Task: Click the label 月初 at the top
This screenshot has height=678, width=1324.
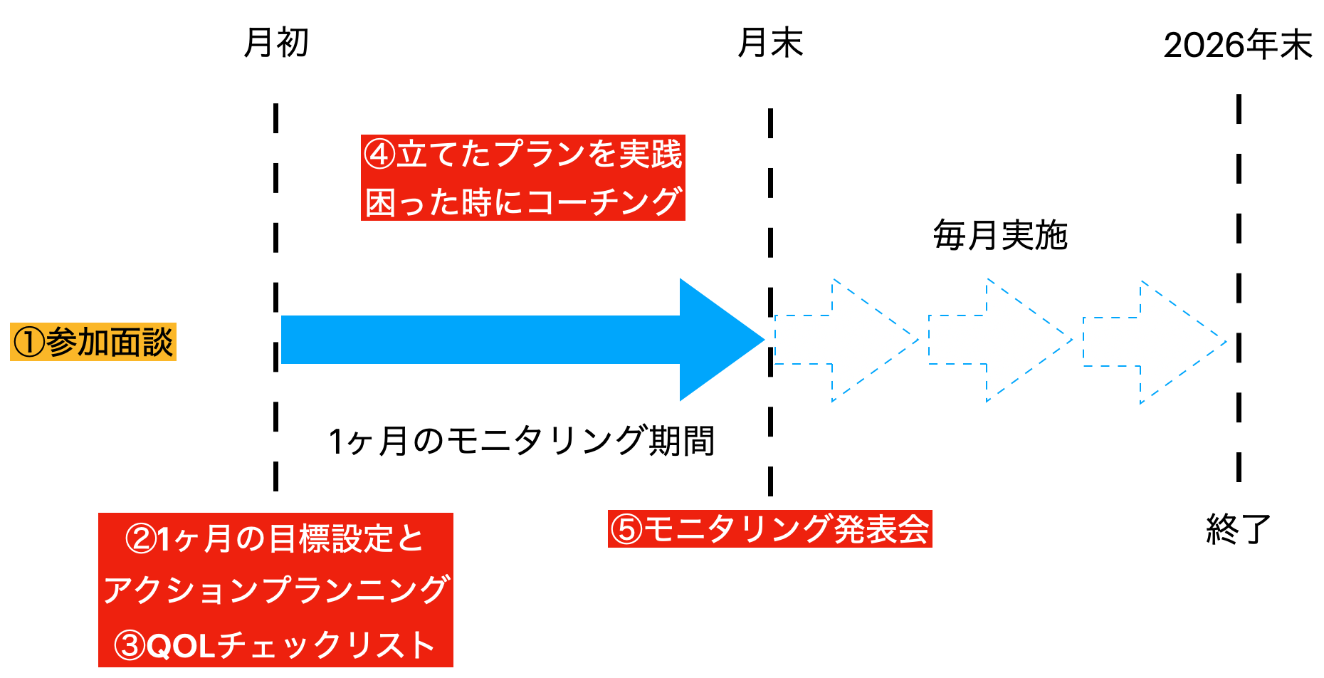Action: tap(276, 43)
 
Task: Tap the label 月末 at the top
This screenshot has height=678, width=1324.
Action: tap(770, 43)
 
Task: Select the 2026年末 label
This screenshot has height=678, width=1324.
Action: tap(1238, 46)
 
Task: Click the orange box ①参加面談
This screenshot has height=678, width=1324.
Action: tap(93, 342)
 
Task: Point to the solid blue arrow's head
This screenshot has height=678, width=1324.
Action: tap(719, 340)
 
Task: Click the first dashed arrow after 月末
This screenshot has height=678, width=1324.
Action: tap(847, 340)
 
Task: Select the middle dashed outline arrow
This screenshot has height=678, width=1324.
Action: tap(1000, 340)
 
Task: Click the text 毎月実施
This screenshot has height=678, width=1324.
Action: tap(1000, 236)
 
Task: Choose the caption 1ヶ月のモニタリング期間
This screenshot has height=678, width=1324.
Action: tap(522, 441)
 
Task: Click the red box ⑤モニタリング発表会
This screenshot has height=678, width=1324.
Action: tap(769, 529)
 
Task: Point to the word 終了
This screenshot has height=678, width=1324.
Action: tap(1239, 529)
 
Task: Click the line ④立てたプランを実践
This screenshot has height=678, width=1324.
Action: tap(522, 154)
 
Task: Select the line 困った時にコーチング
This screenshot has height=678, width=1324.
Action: tap(522, 202)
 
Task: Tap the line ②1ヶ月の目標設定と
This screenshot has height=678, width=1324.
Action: tap(275, 538)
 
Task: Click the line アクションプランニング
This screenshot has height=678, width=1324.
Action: tap(275, 590)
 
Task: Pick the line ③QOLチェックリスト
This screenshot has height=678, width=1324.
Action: tap(275, 645)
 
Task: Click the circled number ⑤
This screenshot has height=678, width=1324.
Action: tap(627, 529)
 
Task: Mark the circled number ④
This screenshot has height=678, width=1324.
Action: tap(379, 154)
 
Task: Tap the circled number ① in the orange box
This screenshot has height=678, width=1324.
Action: tap(29, 343)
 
